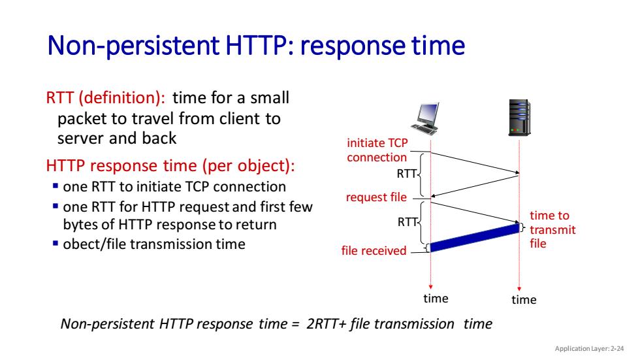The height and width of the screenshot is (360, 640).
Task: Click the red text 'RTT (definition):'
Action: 106,97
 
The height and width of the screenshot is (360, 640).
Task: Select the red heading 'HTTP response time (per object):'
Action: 170,166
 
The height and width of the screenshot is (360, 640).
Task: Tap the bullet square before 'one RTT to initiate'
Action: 56,186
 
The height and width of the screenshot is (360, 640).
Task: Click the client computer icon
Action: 426,118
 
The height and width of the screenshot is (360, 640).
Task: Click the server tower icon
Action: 519,118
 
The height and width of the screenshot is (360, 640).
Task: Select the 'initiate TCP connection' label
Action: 377,150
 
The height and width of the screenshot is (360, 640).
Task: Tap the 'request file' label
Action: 376,197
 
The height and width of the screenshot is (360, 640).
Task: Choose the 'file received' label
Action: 374,250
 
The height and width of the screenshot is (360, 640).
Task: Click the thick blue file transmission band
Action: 475,238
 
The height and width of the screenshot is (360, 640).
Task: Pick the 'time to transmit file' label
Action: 552,229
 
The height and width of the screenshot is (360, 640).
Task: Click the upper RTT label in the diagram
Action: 406,174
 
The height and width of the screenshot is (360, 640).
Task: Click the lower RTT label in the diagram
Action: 408,222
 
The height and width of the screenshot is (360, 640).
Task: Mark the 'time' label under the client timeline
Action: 436,299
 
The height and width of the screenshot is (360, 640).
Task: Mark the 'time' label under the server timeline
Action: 524,300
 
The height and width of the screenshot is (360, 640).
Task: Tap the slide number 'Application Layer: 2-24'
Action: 589,349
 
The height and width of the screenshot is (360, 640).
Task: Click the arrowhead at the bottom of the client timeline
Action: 430,287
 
